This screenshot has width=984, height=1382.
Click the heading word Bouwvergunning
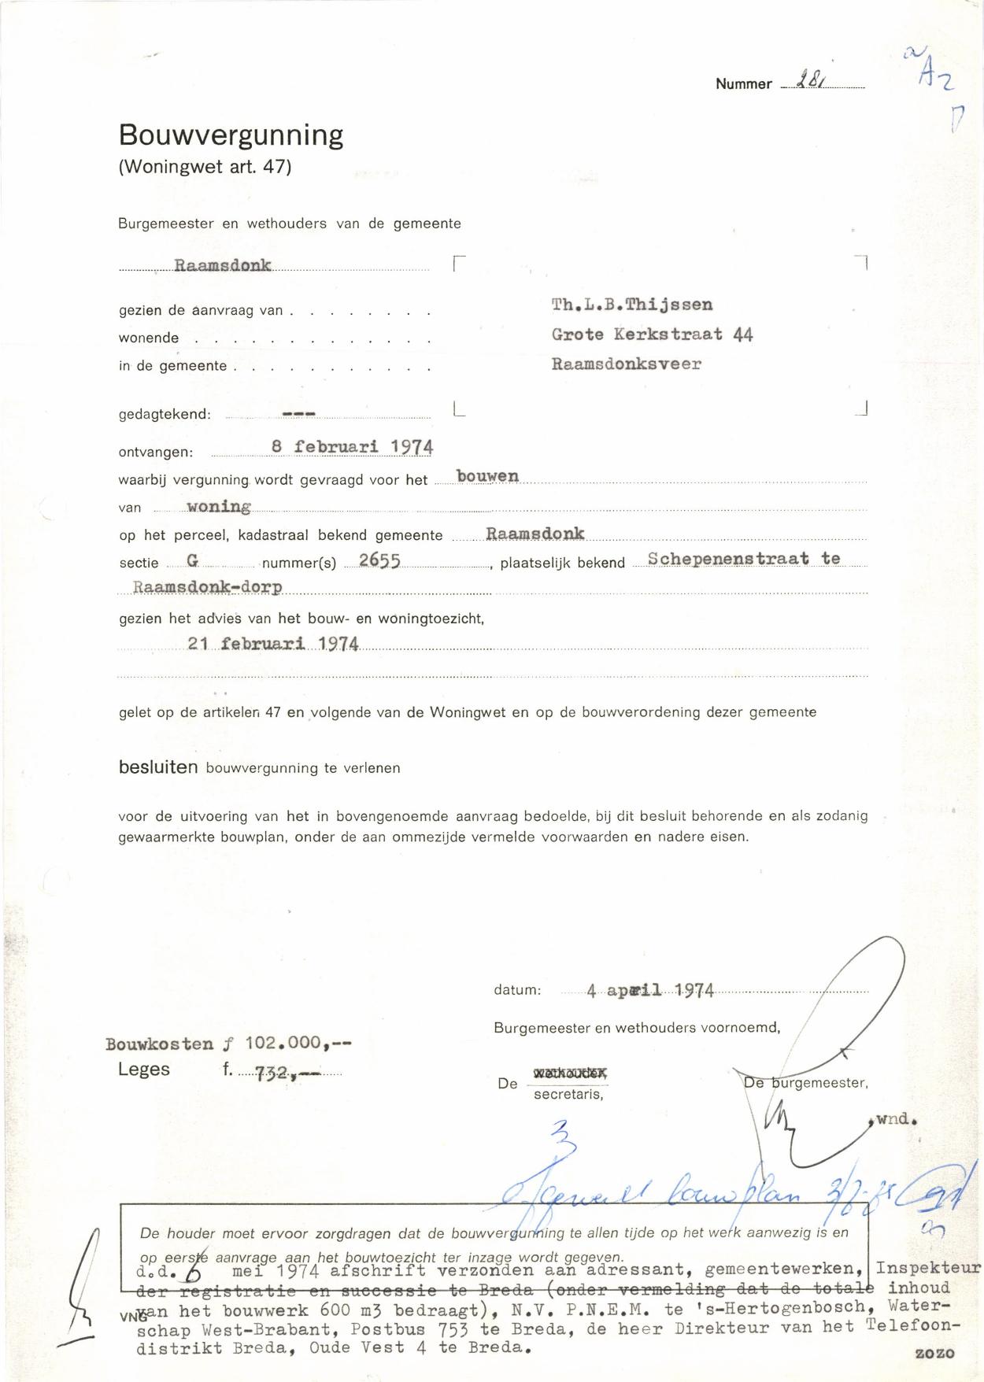pyautogui.click(x=231, y=136)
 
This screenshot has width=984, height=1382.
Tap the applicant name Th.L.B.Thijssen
pyautogui.click(x=632, y=305)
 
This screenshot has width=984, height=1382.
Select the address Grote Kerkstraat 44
pyautogui.click(x=652, y=334)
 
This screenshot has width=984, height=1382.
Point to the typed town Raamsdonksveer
pyautogui.click(x=626, y=364)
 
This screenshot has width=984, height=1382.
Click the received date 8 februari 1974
pyautogui.click(x=352, y=446)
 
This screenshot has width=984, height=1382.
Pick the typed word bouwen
pyautogui.click(x=487, y=476)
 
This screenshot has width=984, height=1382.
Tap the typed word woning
pyautogui.click(x=219, y=506)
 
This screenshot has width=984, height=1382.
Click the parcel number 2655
pyautogui.click(x=379, y=561)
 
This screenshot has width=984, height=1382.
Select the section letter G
pyautogui.click(x=192, y=560)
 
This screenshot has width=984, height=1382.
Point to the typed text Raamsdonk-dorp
pyautogui.click(x=208, y=587)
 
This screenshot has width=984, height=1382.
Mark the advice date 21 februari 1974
pyautogui.click(x=273, y=644)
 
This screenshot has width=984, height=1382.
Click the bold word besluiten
pyautogui.click(x=158, y=767)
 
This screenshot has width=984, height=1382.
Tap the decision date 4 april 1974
pyautogui.click(x=650, y=990)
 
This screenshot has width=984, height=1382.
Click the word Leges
pyautogui.click(x=144, y=1069)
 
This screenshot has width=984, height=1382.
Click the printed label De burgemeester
pyautogui.click(x=806, y=1083)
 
